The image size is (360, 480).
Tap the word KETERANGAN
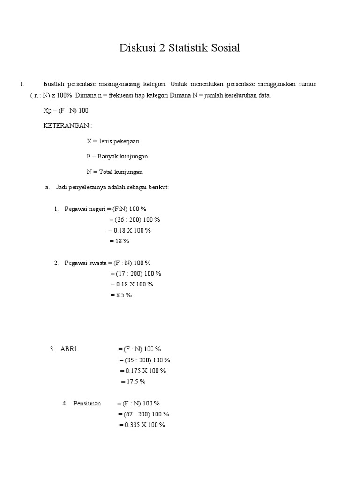tap(67, 126)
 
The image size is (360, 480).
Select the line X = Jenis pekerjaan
tap(113, 141)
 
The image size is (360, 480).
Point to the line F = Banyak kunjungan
tap(117, 157)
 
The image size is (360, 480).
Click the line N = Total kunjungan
tap(115, 172)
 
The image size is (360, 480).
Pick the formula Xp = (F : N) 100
tap(66, 110)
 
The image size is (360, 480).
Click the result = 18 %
tap(119, 241)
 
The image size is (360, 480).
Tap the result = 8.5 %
tap(121, 295)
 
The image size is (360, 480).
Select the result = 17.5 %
tap(133, 382)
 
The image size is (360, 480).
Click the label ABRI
tap(68, 349)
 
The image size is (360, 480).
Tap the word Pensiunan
tap(87, 403)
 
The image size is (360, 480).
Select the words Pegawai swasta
tap(85, 263)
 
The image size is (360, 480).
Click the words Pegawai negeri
tap(85, 209)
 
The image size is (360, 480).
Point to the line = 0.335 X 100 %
tap(142, 425)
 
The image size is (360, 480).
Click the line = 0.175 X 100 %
tap(143, 371)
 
